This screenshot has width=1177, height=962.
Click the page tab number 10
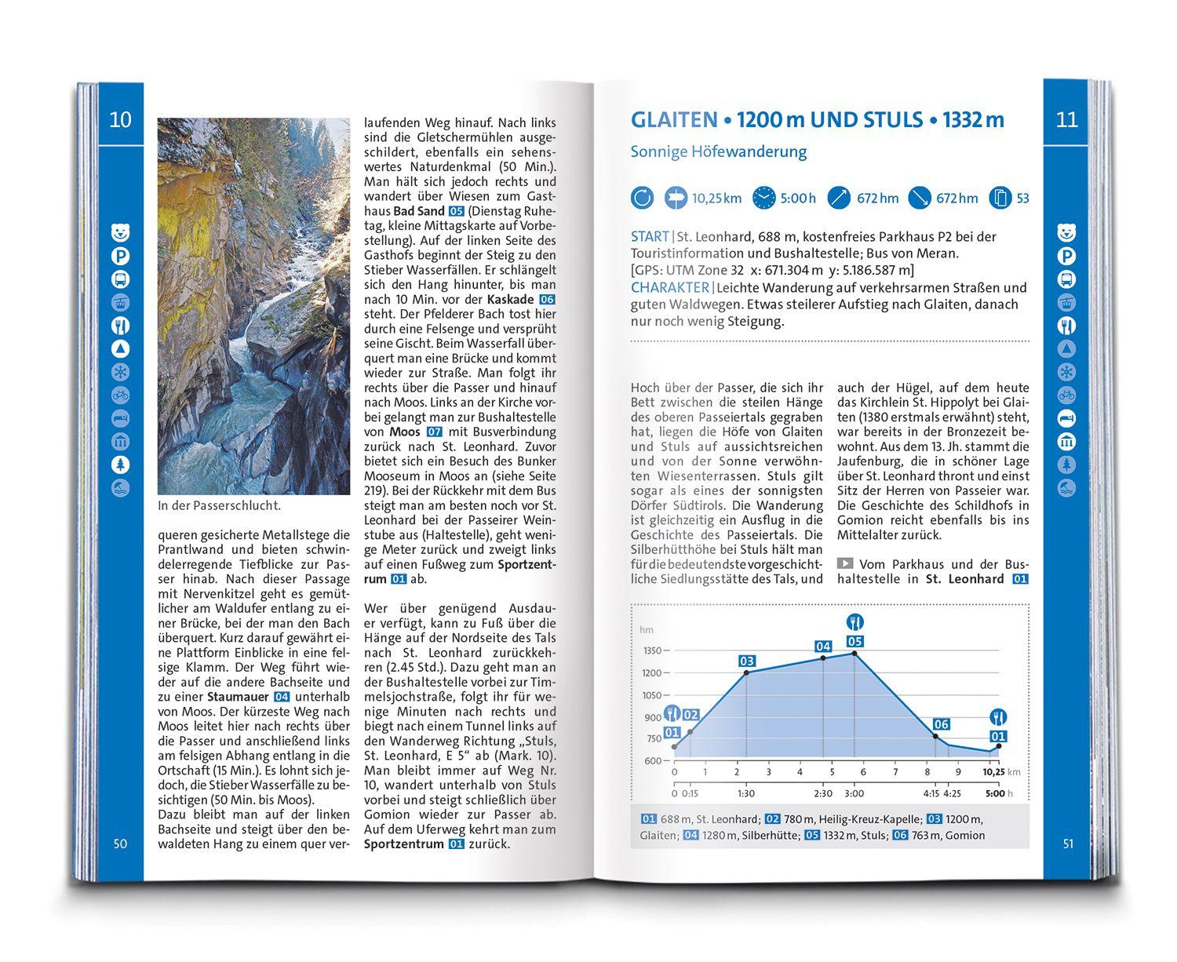(x=120, y=120)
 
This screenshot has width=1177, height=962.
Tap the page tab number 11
(x=1067, y=120)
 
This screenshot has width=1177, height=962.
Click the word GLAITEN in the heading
(x=674, y=120)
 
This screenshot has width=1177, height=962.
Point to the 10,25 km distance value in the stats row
(x=716, y=199)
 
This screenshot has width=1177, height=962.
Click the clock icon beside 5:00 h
(x=763, y=198)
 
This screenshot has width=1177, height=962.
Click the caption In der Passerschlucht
(x=219, y=506)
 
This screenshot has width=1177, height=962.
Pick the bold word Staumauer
(x=238, y=696)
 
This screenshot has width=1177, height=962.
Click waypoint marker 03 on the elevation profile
(x=746, y=661)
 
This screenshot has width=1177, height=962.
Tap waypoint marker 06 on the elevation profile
(x=941, y=724)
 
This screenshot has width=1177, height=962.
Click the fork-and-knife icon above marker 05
(x=855, y=623)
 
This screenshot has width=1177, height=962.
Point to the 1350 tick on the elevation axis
(x=651, y=650)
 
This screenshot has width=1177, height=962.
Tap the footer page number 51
(x=1067, y=844)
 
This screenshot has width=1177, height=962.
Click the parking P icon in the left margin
(x=120, y=256)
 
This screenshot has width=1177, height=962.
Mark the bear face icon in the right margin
(x=1067, y=232)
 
